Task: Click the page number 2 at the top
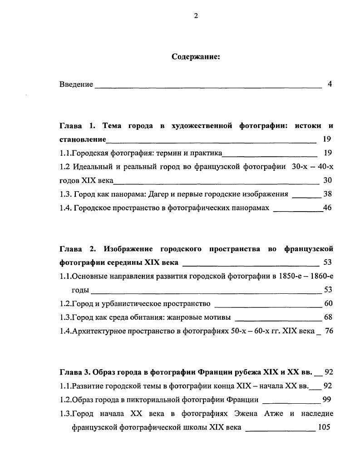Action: [x=196, y=16]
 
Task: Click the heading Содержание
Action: [x=196, y=57]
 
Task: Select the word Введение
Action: [x=76, y=84]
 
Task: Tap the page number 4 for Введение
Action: [x=330, y=84]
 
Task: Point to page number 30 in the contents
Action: [x=327, y=180]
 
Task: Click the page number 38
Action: [x=327, y=194]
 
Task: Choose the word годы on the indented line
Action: [x=80, y=290]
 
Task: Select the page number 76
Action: [x=329, y=331]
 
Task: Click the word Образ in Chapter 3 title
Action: [x=104, y=372]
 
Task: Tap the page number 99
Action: [x=326, y=400]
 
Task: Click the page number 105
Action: [x=324, y=427]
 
